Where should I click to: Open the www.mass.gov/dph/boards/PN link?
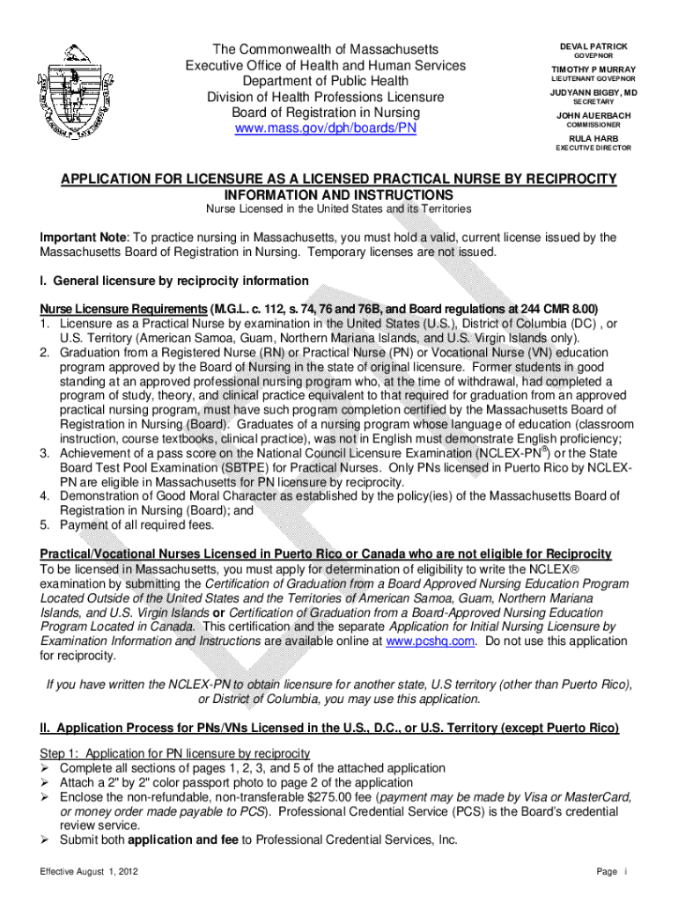tap(325, 128)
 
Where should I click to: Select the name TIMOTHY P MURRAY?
tap(593, 70)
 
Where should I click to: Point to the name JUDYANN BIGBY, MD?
tap(593, 92)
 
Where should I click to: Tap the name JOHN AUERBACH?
tap(593, 116)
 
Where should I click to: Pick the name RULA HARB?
tap(593, 139)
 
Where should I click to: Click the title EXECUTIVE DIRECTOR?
tap(593, 148)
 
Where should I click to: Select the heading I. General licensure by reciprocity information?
tap(174, 282)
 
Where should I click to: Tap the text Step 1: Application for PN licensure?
tap(175, 753)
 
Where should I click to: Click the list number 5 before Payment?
tap(44, 525)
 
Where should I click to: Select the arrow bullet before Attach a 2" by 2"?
tap(46, 783)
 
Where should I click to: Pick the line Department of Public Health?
tap(325, 81)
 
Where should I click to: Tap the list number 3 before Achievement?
tap(44, 453)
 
